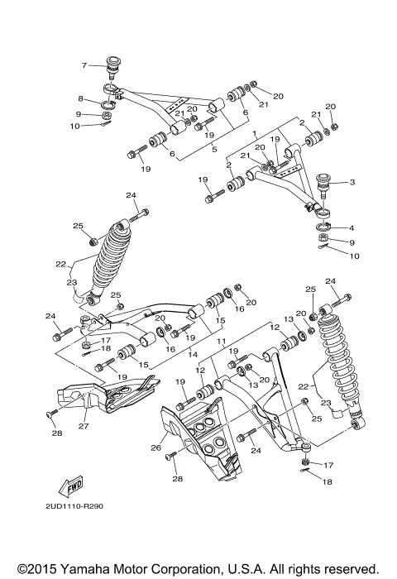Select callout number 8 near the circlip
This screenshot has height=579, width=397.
tap(81, 99)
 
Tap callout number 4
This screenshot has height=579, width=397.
tap(352, 228)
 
